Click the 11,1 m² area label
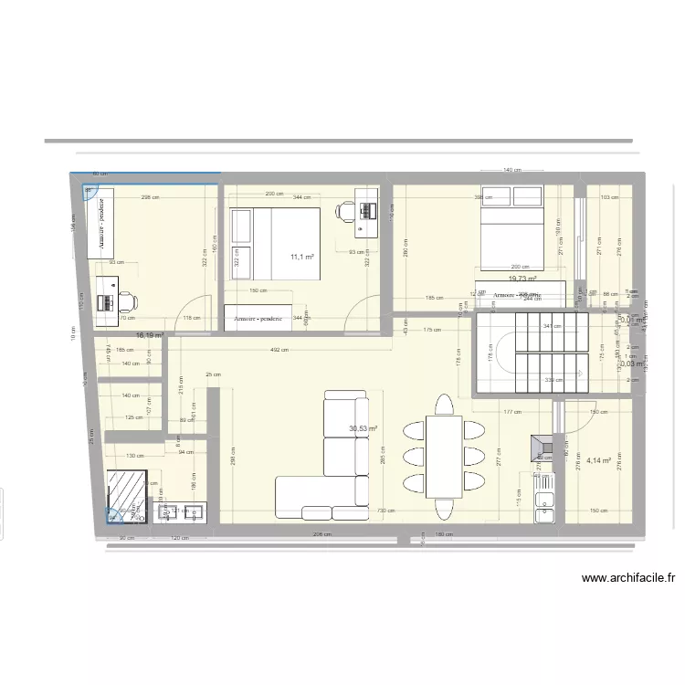[x=302, y=258]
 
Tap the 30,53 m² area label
[x=363, y=427]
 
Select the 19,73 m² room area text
[x=522, y=279]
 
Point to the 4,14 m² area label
[x=599, y=461]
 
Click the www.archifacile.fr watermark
[x=627, y=577]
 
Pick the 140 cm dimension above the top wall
[x=512, y=170]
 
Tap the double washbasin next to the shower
[x=182, y=511]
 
